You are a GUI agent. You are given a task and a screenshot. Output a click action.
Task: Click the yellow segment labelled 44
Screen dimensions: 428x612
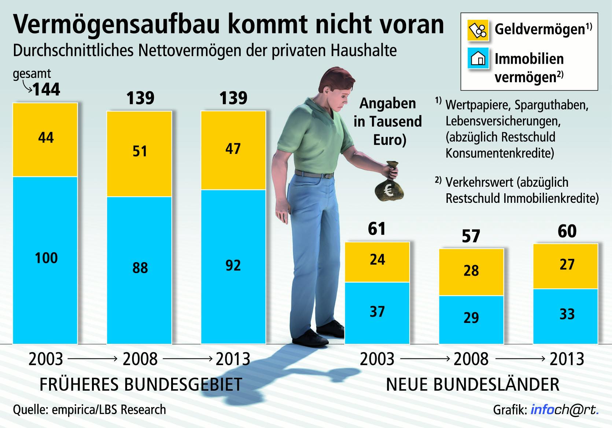(45, 139)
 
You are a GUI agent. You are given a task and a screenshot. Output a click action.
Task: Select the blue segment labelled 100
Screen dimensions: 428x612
(45, 260)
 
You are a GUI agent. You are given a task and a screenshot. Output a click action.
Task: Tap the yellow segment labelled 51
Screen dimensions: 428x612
(139, 154)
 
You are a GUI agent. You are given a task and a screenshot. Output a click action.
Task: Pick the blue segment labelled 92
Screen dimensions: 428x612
(233, 267)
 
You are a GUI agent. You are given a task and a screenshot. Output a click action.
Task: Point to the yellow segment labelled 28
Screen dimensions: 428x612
(471, 272)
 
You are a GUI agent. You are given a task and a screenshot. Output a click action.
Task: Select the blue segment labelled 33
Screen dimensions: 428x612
(565, 316)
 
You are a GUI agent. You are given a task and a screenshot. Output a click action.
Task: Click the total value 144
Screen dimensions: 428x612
(47, 90)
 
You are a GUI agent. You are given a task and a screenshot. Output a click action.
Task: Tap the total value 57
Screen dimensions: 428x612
(471, 237)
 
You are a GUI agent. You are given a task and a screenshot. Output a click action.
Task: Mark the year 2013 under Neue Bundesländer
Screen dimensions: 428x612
(567, 359)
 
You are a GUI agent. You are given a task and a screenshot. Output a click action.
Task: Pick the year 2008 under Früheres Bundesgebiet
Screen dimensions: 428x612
(140, 359)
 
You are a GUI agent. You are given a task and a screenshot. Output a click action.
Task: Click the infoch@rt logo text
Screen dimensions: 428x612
(564, 410)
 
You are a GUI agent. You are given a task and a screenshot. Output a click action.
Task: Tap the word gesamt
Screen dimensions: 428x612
(32, 74)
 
